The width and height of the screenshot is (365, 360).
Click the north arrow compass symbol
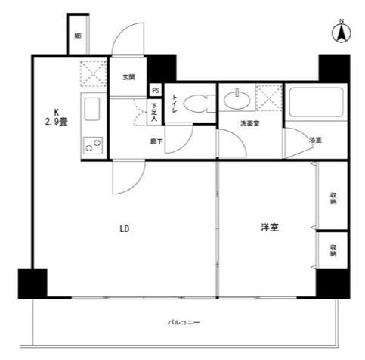pyautogui.click(x=341, y=33)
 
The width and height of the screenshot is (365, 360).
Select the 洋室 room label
pyautogui.click(x=268, y=226)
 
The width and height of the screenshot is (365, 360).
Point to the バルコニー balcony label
pyautogui.click(x=183, y=323)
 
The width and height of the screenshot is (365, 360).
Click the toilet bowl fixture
pyautogui.click(x=196, y=103)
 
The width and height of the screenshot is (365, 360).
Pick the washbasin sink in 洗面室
pyautogui.click(x=237, y=97)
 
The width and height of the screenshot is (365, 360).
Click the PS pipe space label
pyautogui.click(x=156, y=88)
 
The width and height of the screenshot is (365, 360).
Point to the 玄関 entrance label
pyautogui.click(x=128, y=76)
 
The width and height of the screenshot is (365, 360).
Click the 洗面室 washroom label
pyautogui.click(x=249, y=123)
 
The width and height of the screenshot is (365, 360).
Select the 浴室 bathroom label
pyautogui.click(x=315, y=141)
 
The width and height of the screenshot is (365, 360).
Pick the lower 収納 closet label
pyautogui.click(x=333, y=252)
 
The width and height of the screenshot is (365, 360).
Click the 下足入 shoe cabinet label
pyautogui.click(x=154, y=112)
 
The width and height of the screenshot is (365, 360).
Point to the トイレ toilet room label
pyautogui.click(x=175, y=104)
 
